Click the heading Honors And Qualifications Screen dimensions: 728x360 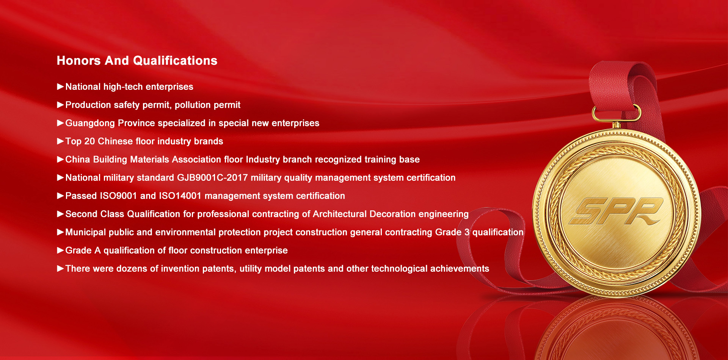point(137,61)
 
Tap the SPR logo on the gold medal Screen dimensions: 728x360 point(617,211)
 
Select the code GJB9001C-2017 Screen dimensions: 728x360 point(212,178)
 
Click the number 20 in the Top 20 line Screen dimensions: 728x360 point(89,141)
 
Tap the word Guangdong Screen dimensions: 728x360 point(90,124)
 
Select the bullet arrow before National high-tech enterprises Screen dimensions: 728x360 point(60,87)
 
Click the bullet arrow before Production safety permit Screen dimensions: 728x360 point(60,105)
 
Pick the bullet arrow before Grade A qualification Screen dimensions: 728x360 point(60,250)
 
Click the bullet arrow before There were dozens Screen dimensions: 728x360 point(60,269)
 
